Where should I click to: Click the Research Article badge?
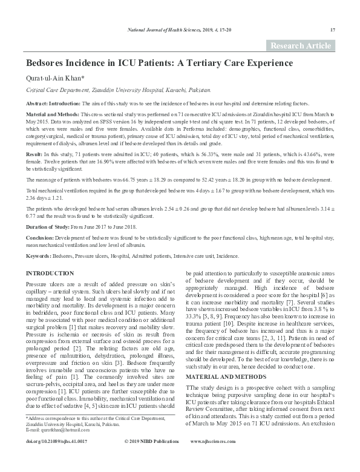(x=301, y=46)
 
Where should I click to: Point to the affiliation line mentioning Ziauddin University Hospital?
(x=119, y=90)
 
